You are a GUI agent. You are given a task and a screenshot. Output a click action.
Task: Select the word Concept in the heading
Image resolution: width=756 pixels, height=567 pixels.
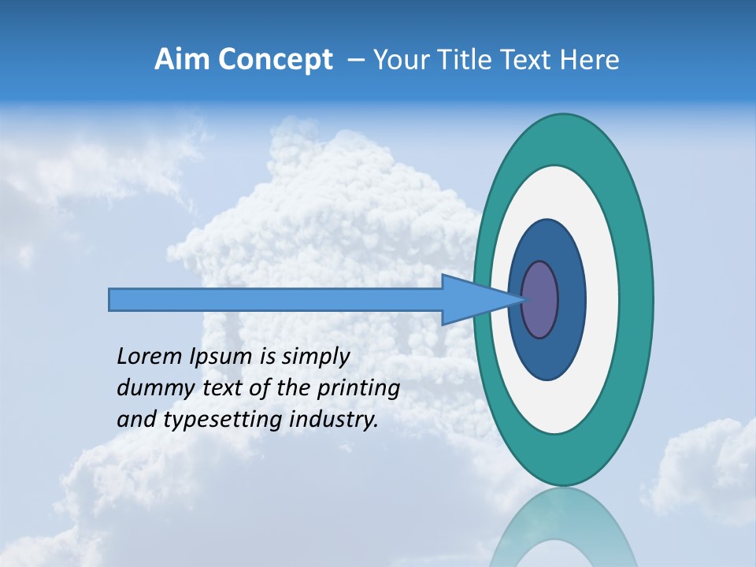coord(275,60)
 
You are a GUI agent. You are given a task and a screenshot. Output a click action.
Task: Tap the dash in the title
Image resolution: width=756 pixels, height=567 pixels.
coord(355,60)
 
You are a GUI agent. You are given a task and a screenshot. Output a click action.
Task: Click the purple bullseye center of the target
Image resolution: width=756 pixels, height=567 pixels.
coord(540,300)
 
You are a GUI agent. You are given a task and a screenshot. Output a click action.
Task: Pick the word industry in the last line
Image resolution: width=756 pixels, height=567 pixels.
coord(334,420)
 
